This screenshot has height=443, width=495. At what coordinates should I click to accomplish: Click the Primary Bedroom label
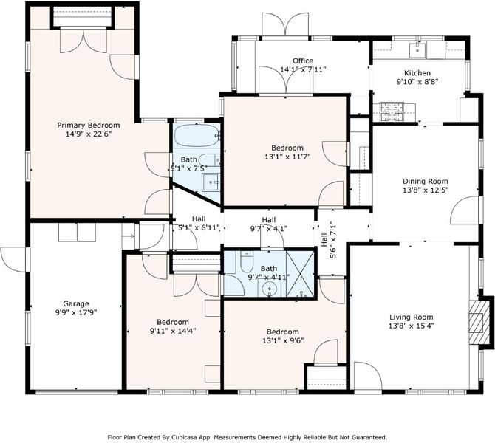pyautogui.click(x=89, y=126)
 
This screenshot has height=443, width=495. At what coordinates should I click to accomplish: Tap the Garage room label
pyautogui.click(x=76, y=304)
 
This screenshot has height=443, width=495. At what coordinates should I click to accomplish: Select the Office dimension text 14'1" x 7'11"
pyautogui.click(x=303, y=69)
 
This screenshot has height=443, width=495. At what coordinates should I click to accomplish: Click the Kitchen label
pyautogui.click(x=417, y=73)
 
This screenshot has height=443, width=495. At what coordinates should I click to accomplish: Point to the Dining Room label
pyautogui.click(x=426, y=182)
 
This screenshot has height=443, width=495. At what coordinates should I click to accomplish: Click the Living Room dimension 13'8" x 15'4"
pyautogui.click(x=412, y=326)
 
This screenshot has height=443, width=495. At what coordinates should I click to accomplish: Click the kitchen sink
pyautogui.click(x=417, y=50)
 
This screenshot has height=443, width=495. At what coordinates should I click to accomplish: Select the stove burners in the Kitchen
pyautogui.click(x=392, y=111)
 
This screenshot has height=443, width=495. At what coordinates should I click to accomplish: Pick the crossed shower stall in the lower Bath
pyautogui.click(x=300, y=274)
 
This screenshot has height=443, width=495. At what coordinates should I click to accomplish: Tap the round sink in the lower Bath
pyautogui.click(x=269, y=289)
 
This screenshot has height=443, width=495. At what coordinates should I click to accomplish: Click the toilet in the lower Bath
pyautogui.click(x=246, y=261)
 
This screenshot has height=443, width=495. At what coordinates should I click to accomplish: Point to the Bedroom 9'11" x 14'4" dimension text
pyautogui.click(x=173, y=331)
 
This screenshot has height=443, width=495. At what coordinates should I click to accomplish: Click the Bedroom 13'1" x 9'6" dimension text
pyautogui.click(x=283, y=341)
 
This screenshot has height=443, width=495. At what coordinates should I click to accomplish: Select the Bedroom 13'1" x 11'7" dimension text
pyautogui.click(x=287, y=157)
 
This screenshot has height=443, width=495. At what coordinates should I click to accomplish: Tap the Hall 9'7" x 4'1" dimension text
pyautogui.click(x=269, y=228)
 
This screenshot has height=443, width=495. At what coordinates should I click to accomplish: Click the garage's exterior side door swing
pyautogui.click(x=13, y=259)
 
